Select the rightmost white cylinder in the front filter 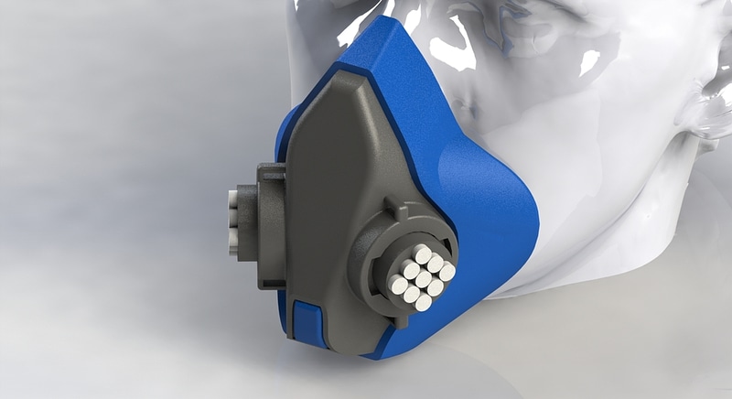[x=447, y=272]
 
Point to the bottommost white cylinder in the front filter [x=423, y=303]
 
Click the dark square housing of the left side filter [x=264, y=224]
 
